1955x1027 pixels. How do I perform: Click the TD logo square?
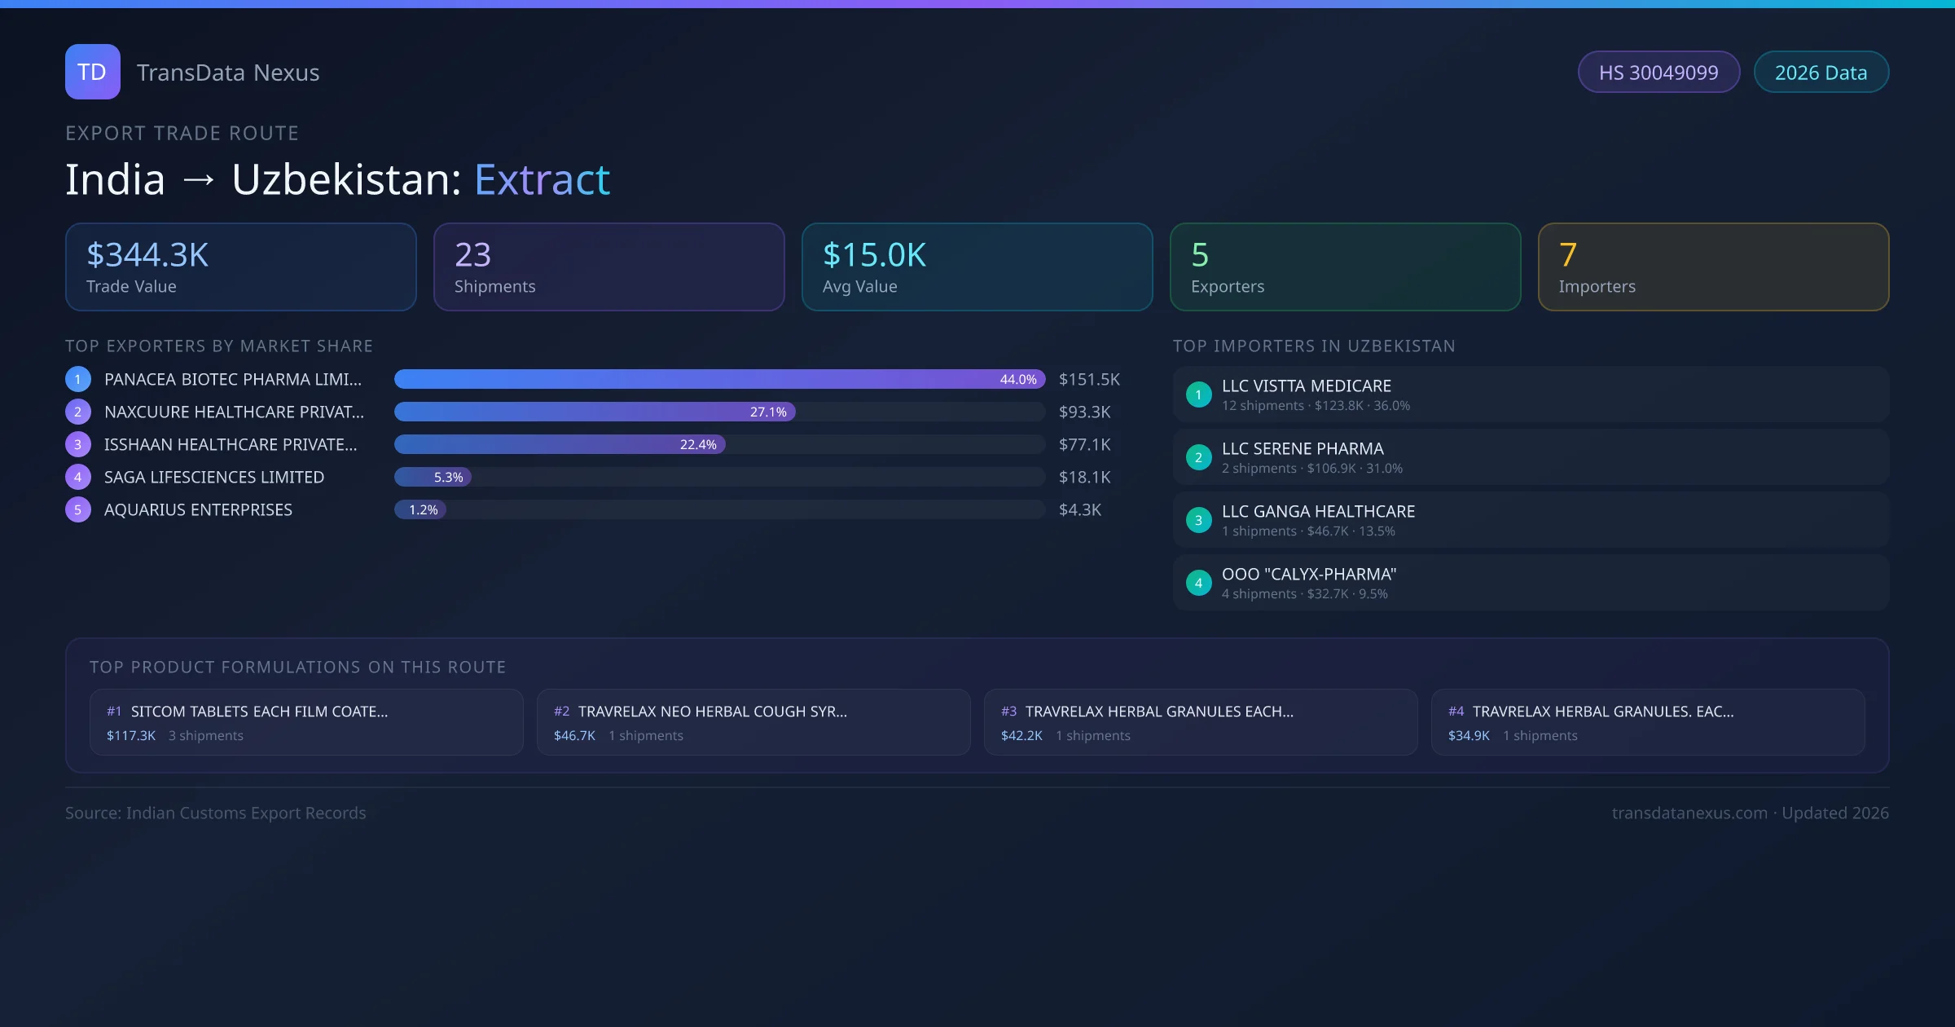click(x=92, y=72)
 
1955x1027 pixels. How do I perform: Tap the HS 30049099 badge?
click(x=1658, y=73)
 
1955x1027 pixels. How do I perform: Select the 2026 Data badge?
click(x=1821, y=73)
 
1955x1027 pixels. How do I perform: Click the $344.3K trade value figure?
click(x=147, y=255)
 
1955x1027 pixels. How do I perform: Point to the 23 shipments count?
click(x=472, y=255)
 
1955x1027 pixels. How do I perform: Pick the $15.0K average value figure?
click(x=874, y=255)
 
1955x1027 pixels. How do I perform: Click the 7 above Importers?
click(x=1567, y=255)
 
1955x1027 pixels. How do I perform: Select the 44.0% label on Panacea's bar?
click(x=1017, y=380)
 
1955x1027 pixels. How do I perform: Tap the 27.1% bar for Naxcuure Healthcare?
click(x=595, y=412)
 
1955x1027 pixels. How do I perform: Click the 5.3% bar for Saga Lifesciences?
click(x=433, y=478)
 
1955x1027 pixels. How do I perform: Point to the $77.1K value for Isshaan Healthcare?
click(x=1084, y=445)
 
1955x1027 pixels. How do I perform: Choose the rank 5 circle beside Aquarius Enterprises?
click(x=78, y=510)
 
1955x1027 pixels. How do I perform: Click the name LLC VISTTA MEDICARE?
click(x=1306, y=386)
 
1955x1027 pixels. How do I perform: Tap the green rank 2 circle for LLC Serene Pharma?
click(x=1198, y=458)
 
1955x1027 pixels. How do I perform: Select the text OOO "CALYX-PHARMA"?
click(x=1308, y=575)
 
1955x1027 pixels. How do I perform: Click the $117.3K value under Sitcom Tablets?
click(x=131, y=736)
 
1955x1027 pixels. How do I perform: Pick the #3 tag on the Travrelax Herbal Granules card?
click(x=1008, y=712)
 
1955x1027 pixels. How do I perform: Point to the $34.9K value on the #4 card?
click(x=1469, y=736)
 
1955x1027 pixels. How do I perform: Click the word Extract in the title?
click(x=542, y=180)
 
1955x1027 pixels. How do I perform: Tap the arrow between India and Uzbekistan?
click(x=198, y=180)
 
